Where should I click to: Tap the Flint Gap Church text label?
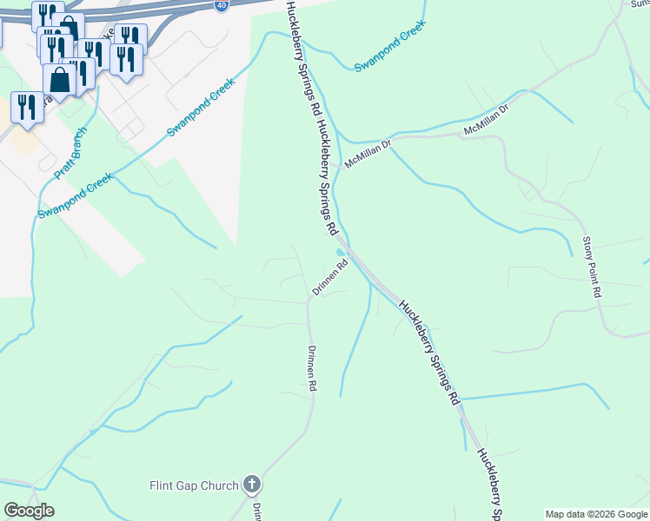point(195,485)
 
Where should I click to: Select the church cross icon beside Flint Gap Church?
point(252,484)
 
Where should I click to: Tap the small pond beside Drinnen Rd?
point(338,253)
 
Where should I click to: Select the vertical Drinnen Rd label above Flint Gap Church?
point(312,373)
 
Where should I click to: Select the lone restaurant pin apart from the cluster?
point(27,107)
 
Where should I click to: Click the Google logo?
point(30,511)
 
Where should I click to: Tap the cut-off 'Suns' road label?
point(640,3)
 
